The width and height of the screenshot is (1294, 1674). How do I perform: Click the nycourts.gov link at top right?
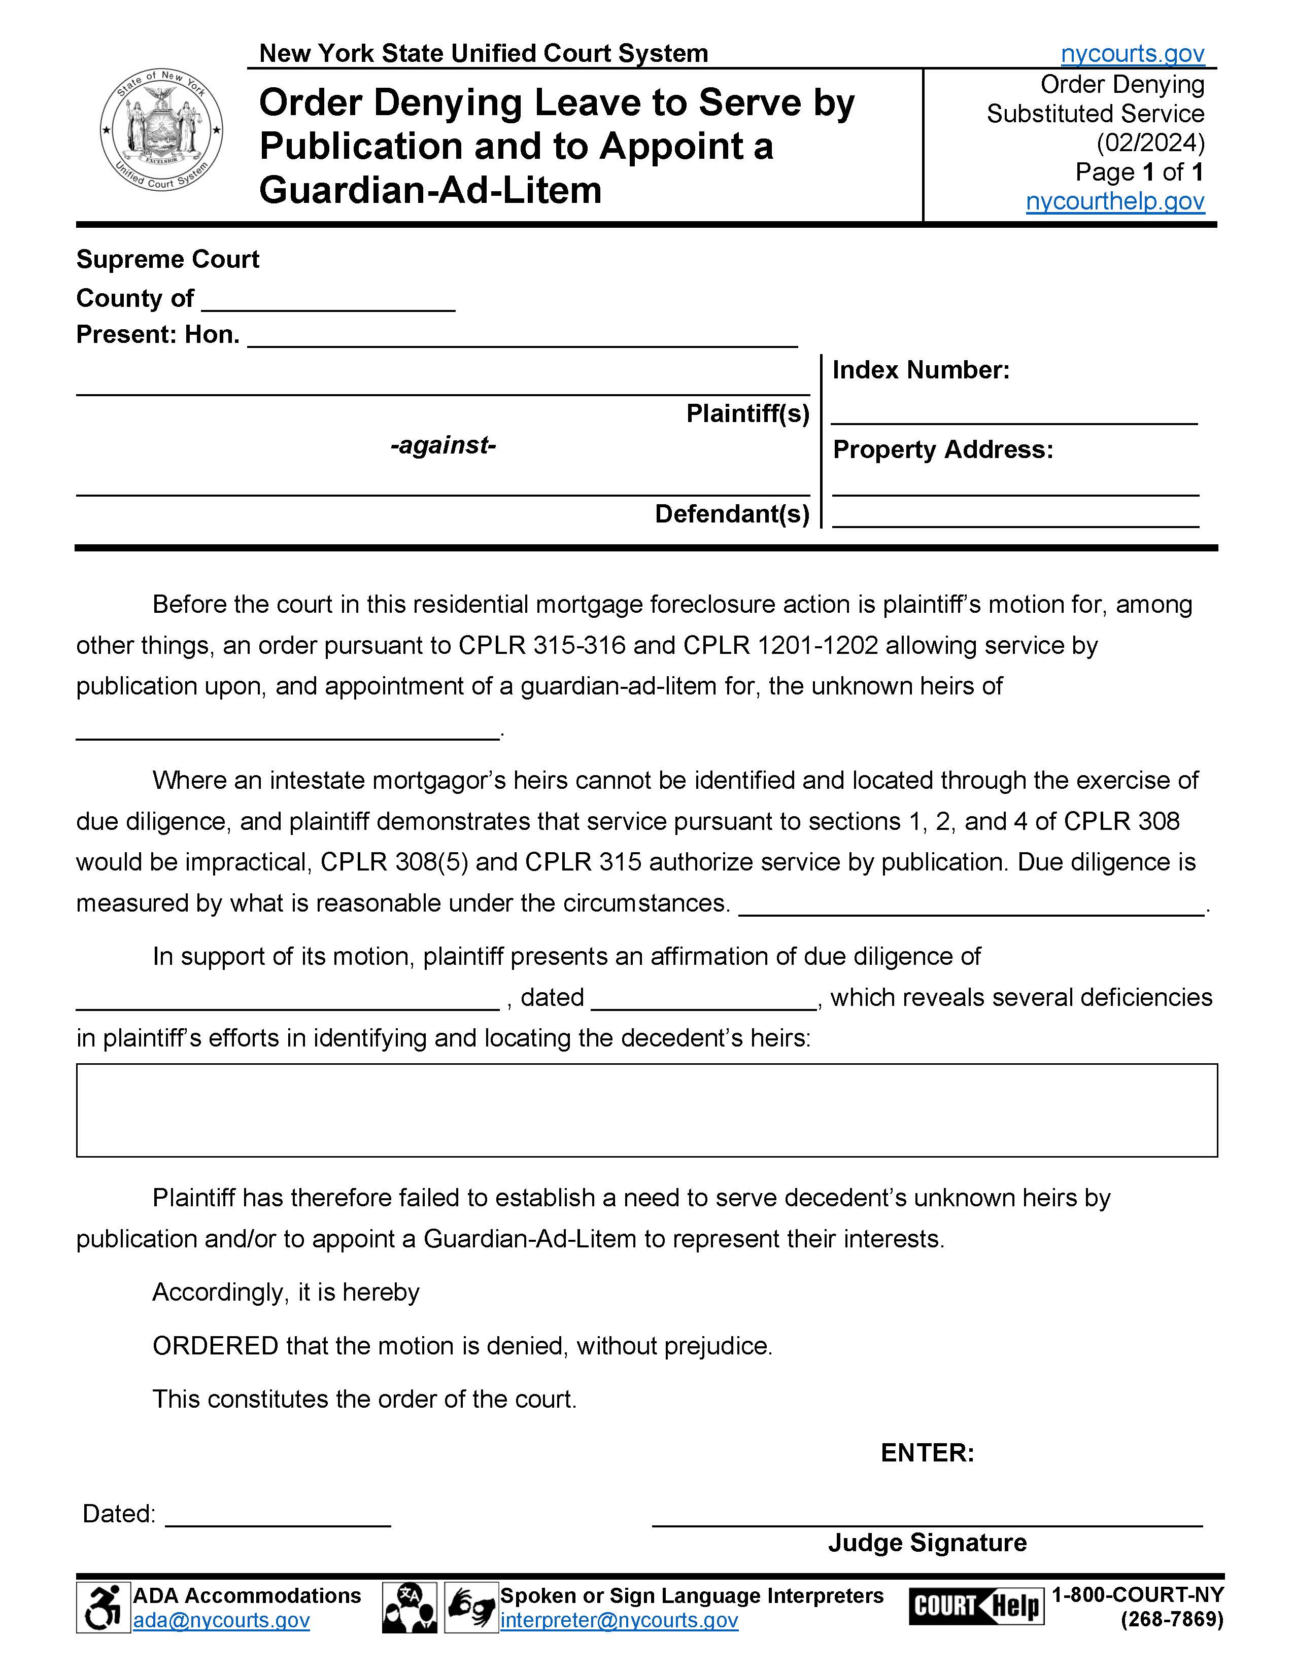pyautogui.click(x=1132, y=54)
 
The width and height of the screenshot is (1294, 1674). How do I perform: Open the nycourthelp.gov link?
pyautogui.click(x=1115, y=201)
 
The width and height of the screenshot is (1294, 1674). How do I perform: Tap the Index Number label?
pyautogui.click(x=921, y=370)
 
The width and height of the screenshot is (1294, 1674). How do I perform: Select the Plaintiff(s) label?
pyautogui.click(x=747, y=414)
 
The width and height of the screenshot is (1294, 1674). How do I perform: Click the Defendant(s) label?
pyautogui.click(x=732, y=513)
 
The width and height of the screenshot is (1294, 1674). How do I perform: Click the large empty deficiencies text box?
pyautogui.click(x=646, y=1110)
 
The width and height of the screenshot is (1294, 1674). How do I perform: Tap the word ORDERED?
pyautogui.click(x=215, y=1346)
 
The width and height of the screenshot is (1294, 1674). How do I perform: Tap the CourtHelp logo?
pyautogui.click(x=976, y=1606)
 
